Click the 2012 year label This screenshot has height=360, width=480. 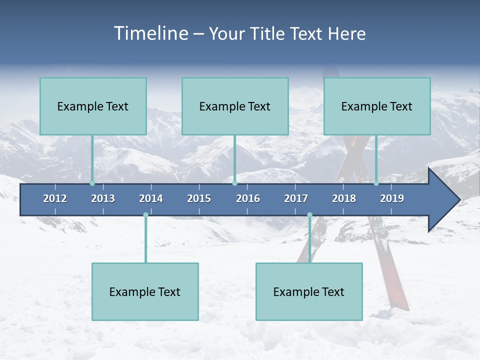[x=55, y=198]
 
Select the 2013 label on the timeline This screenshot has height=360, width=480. [x=103, y=198]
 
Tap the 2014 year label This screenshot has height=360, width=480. [x=151, y=198]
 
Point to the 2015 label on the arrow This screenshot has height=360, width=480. [x=199, y=198]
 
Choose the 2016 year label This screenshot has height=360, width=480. [x=248, y=198]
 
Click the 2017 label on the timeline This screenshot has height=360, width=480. [x=296, y=198]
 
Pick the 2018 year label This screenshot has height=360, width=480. [x=344, y=198]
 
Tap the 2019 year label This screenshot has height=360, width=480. [x=392, y=198]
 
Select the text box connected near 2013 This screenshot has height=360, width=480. [x=93, y=106]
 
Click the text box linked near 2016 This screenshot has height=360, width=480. [x=235, y=106]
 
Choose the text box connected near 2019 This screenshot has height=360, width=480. [x=377, y=106]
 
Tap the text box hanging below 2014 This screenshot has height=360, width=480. [x=145, y=291]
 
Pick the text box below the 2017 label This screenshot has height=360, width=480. [x=309, y=291]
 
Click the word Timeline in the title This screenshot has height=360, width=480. [x=150, y=33]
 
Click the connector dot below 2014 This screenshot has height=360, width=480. [x=145, y=215]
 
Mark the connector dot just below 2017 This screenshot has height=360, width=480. [x=309, y=215]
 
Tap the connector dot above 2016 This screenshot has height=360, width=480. [x=234, y=183]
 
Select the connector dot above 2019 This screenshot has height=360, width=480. [x=376, y=183]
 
